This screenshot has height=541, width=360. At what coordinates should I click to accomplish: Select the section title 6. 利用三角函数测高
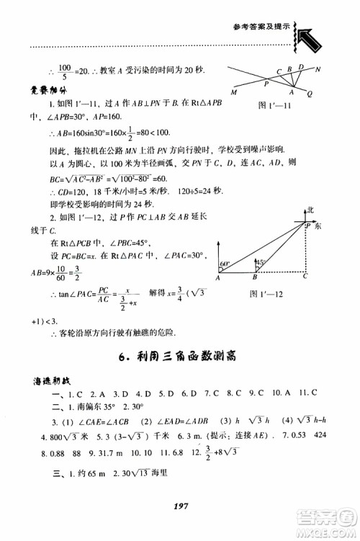(x=179, y=354)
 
